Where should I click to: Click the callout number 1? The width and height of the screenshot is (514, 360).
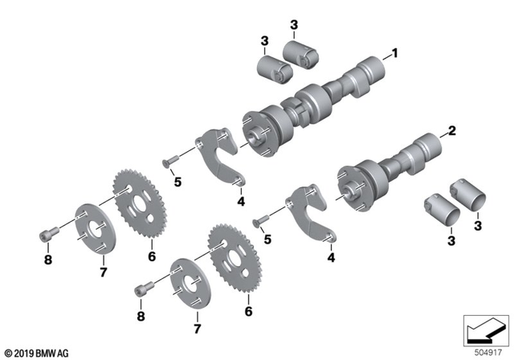point(394,54)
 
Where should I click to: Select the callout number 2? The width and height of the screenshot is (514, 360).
point(451,130)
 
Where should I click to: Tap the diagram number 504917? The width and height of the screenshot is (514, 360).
point(483,350)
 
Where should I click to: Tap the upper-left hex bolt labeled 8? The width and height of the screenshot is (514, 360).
point(47,235)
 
